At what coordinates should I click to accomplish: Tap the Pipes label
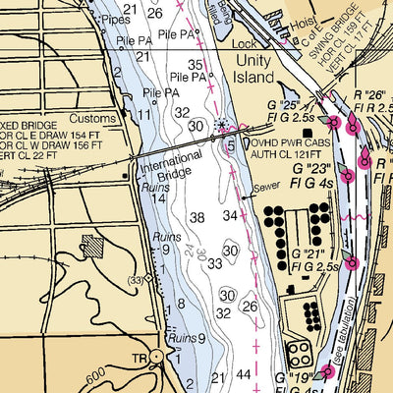coord(116,18)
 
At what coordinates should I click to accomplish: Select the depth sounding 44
coord(243,375)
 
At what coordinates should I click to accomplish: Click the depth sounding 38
coord(197,217)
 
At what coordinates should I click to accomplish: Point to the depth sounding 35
coord(196,65)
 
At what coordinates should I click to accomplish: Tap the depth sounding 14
coord(157,198)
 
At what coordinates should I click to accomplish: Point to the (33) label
coord(138,280)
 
